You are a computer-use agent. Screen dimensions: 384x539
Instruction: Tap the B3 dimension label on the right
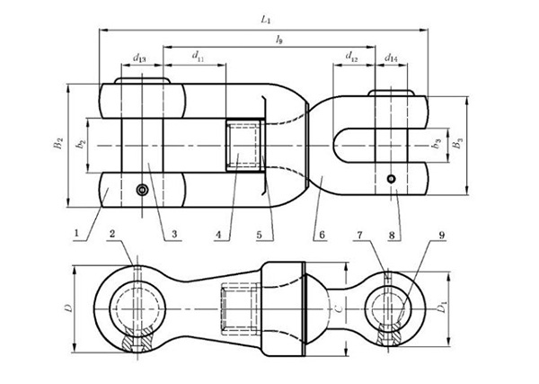point(461,144)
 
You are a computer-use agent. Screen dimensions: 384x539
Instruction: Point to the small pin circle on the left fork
point(141,190)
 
